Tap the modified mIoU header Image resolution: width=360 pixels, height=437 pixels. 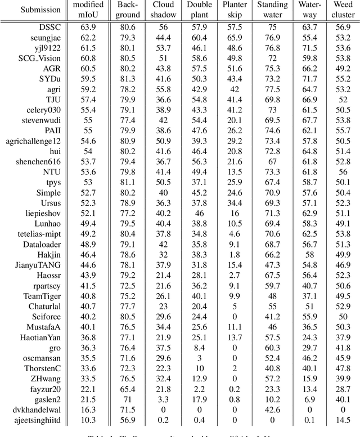(x=88, y=10)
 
